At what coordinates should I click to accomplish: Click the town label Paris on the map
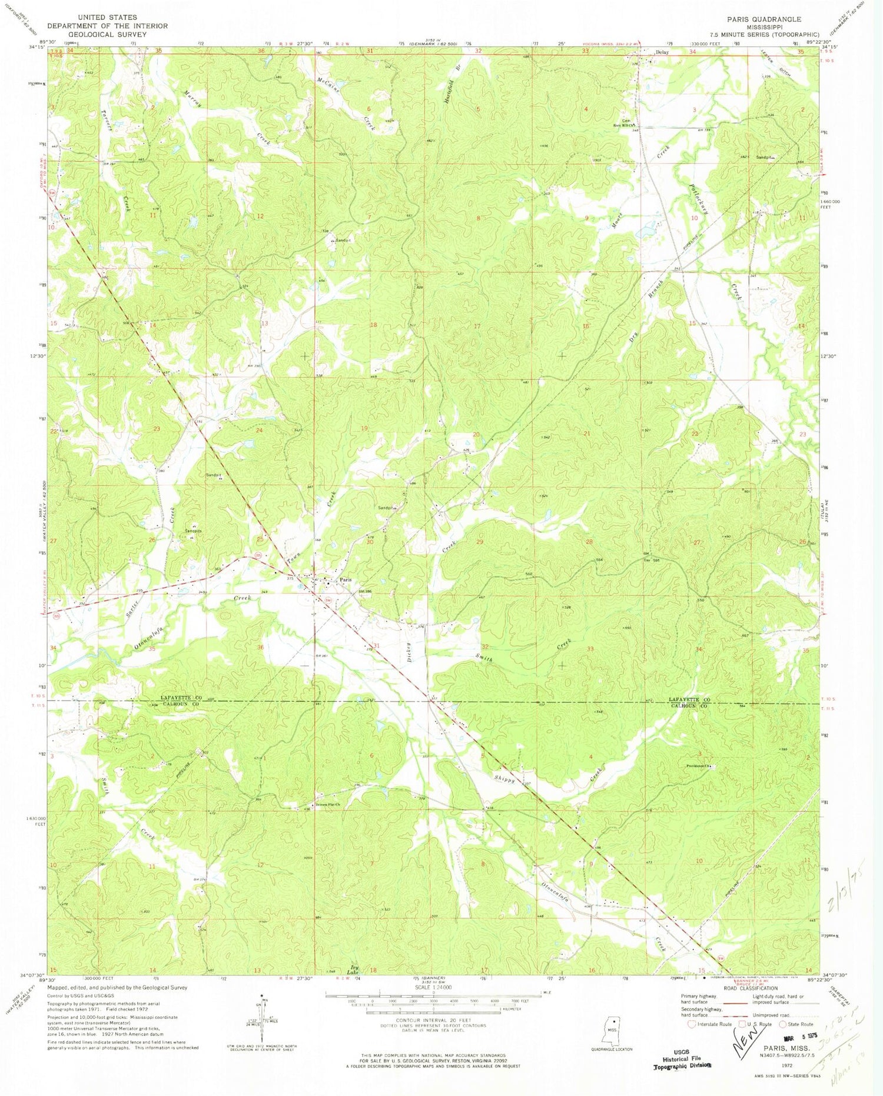[346, 580]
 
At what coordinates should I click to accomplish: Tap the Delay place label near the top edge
[662, 52]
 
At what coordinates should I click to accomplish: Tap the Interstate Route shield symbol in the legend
[691, 1024]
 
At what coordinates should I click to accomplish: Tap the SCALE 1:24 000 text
[433, 988]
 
